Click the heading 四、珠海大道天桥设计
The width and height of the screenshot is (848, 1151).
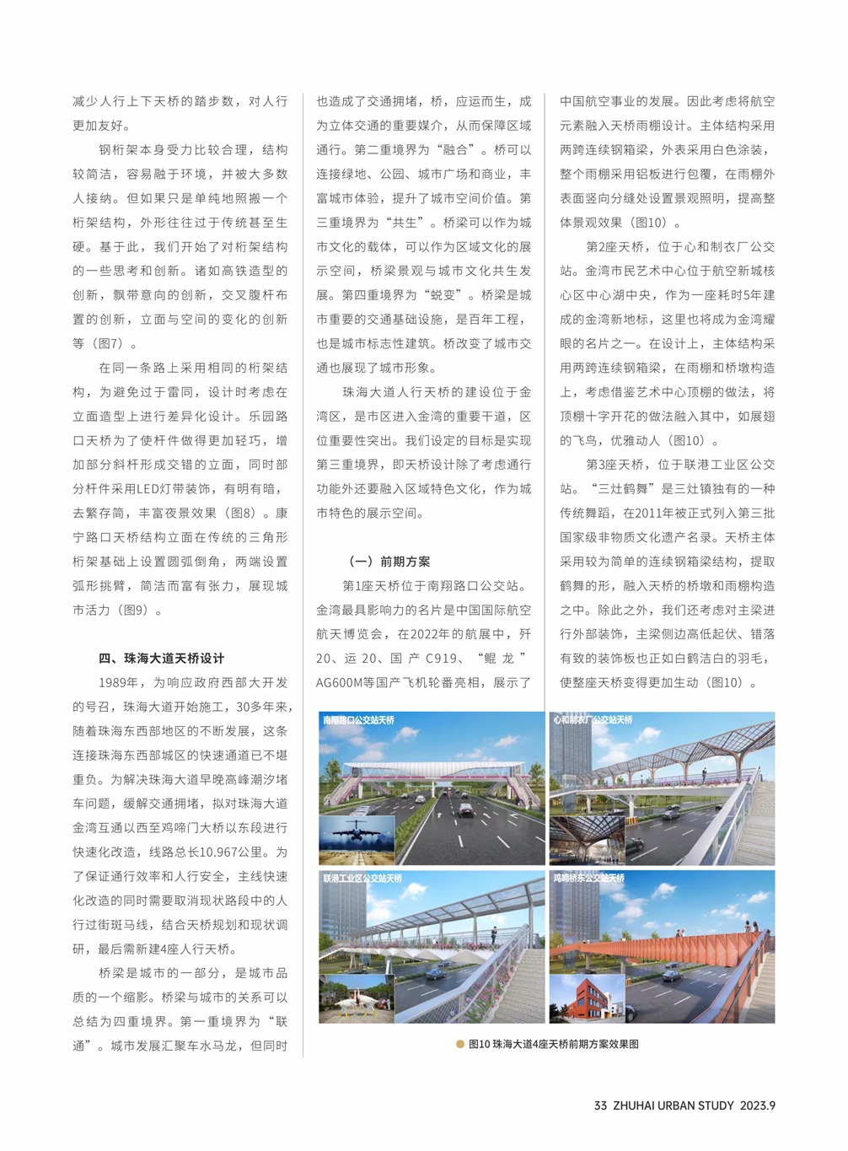(x=161, y=659)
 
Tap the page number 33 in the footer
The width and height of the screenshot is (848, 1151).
(x=600, y=1105)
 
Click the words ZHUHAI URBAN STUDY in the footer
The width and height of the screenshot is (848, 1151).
(x=673, y=1105)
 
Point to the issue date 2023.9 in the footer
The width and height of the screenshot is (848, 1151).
(x=758, y=1105)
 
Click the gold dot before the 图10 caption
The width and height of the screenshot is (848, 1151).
(x=459, y=1044)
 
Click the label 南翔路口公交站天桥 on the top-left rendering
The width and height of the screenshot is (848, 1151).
(x=358, y=720)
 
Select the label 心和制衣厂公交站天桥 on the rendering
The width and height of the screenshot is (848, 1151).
(x=593, y=720)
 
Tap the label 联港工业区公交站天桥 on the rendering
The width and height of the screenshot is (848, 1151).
(x=362, y=879)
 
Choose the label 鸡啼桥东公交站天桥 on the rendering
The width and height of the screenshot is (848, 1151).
(x=588, y=879)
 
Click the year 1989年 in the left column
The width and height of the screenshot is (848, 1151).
(x=119, y=683)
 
